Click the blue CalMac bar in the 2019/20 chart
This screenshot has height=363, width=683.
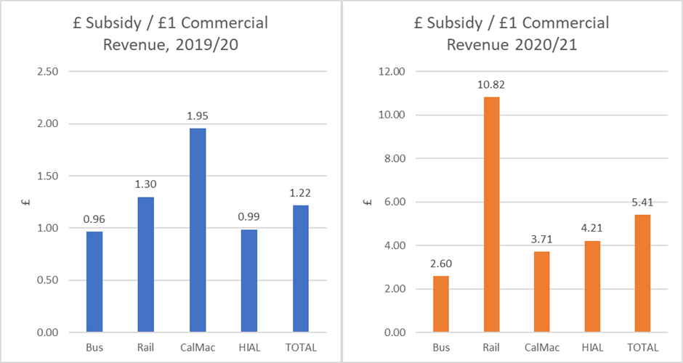(197, 230)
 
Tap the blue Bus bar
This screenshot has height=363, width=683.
(94, 282)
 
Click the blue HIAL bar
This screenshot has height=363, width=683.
(248, 281)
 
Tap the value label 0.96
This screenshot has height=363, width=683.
(94, 219)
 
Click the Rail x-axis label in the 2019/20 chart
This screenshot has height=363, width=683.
(145, 347)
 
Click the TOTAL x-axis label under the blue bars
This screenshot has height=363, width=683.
(299, 347)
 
